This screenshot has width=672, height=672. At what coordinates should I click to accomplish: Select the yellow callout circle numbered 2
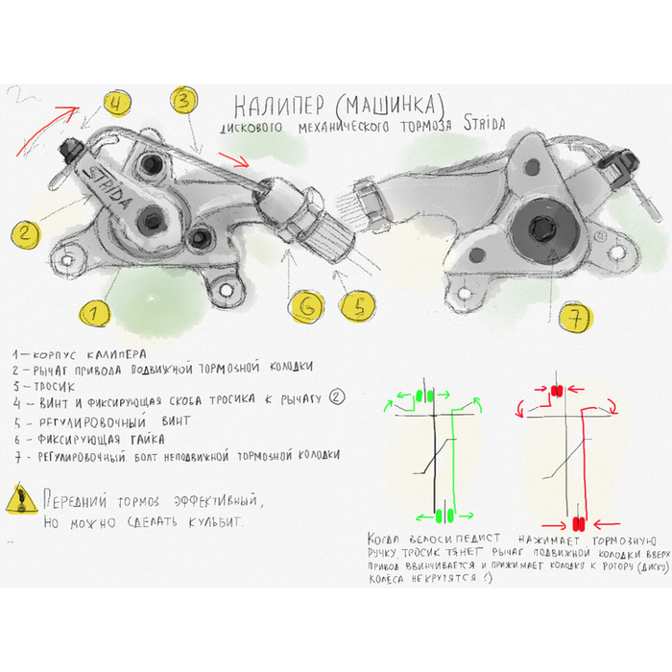pyautogui.click(x=27, y=232)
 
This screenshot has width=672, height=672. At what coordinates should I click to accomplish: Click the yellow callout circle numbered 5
pyautogui.click(x=356, y=306)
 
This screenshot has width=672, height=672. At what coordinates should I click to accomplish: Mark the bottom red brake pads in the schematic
pyautogui.click(x=578, y=523)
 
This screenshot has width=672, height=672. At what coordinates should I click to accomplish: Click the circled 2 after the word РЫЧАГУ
pyautogui.click(x=337, y=397)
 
